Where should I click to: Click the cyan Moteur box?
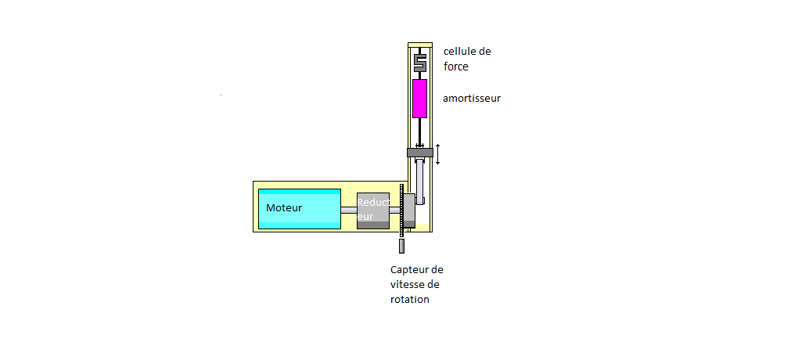pyautogui.click(x=300, y=209)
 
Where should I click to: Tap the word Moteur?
pyautogui.click(x=284, y=208)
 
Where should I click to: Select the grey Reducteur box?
pyautogui.click(x=372, y=211)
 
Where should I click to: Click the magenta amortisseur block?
pyautogui.click(x=419, y=98)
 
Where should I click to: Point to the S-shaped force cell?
pyautogui.click(x=419, y=59)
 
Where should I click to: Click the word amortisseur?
pyautogui.click(x=471, y=99)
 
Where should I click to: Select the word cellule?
pyautogui.click(x=460, y=52)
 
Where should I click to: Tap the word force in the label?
pyautogui.click(x=456, y=67)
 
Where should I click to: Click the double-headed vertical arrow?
pyautogui.click(x=438, y=153)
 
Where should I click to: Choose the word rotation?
pyautogui.click(x=410, y=300)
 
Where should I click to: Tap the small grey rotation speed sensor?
pyautogui.click(x=401, y=246)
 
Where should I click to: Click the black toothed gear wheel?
pyautogui.click(x=400, y=210)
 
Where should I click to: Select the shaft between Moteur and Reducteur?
pyautogui.click(x=348, y=210)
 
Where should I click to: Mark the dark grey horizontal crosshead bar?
pyautogui.click(x=419, y=152)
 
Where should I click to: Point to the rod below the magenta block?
pyautogui.click(x=419, y=131)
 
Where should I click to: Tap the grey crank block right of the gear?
pyautogui.click(x=408, y=211)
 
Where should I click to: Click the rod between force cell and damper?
pyautogui.click(x=419, y=74)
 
